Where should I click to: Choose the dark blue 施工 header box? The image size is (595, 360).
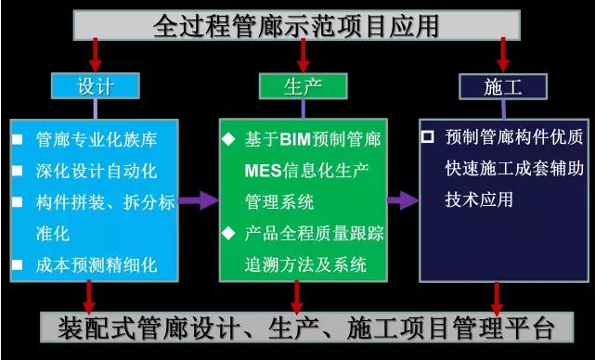[502, 87]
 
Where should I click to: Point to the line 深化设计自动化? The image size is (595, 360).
[97, 172]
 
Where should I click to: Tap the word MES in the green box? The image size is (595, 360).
[262, 172]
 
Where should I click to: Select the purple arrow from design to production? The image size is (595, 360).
[197, 199]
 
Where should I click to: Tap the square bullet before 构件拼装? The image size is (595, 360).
[18, 203]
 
